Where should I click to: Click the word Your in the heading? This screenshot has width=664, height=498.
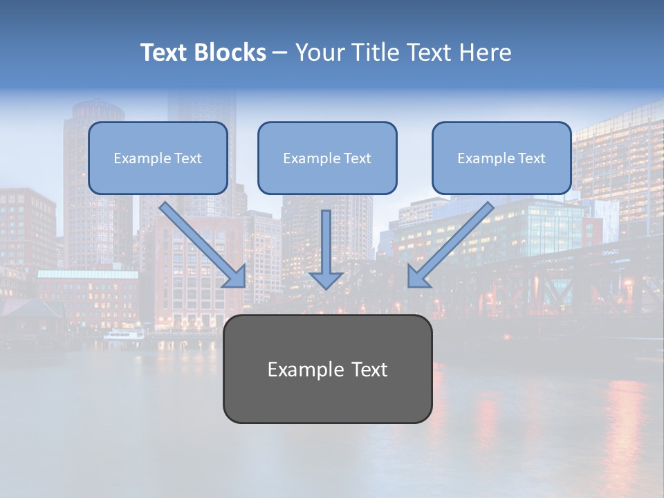[317, 53]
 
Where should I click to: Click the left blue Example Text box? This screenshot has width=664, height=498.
[158, 158]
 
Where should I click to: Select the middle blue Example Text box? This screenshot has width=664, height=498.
[327, 158]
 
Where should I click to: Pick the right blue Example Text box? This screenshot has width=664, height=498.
[501, 158]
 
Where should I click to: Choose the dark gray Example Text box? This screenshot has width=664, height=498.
[327, 369]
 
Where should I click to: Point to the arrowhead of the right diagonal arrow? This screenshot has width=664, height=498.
[417, 277]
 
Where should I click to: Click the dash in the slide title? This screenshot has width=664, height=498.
[281, 53]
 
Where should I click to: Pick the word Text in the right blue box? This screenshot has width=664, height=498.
[531, 158]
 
